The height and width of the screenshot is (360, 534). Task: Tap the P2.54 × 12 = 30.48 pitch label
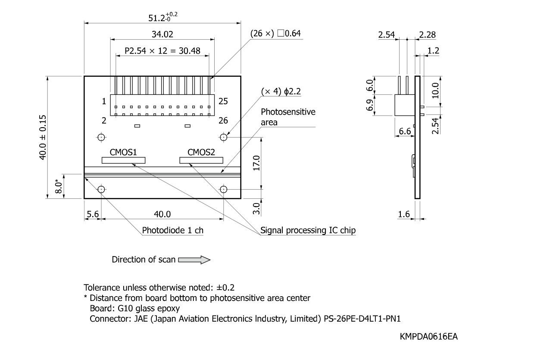pyautogui.click(x=162, y=51)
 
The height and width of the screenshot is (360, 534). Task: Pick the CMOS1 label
pyautogui.click(x=123, y=152)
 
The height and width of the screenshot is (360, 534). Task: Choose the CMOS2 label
pyautogui.click(x=201, y=152)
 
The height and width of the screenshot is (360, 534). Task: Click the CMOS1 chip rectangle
pyautogui.click(x=123, y=160)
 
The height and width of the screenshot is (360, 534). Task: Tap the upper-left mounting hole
pyautogui.click(x=101, y=138)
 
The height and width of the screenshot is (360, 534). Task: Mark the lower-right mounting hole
pyautogui.click(x=224, y=189)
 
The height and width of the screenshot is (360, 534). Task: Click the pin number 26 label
pyautogui.click(x=223, y=121)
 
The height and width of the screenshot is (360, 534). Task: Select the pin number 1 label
pyautogui.click(x=104, y=102)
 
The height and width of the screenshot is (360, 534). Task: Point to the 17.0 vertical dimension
pyautogui.click(x=256, y=163)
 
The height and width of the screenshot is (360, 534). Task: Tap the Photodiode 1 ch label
pyautogui.click(x=173, y=230)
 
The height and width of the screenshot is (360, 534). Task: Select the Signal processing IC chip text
pyautogui.click(x=308, y=230)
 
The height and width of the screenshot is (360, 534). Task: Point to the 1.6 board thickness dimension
pyautogui.click(x=404, y=214)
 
